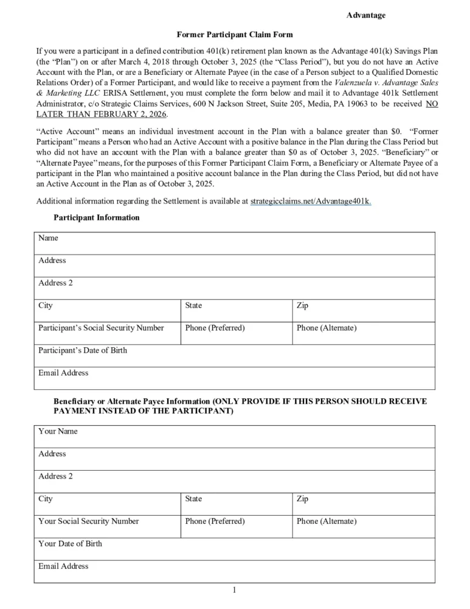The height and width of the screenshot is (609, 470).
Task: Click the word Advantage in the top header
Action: (366, 15)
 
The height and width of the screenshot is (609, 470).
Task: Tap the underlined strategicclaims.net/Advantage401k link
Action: (311, 201)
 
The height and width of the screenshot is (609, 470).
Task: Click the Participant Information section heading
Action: (97, 217)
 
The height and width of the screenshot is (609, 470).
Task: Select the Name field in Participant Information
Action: (235, 243)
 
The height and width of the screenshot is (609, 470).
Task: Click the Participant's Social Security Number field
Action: (108, 333)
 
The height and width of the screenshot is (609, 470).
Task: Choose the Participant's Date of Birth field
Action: (235, 356)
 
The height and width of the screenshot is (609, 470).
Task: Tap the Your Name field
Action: (235, 436)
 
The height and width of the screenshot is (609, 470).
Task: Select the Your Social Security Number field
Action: (108, 526)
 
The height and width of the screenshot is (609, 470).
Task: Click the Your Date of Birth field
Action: (235, 549)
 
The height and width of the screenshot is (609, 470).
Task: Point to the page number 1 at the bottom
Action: (234, 590)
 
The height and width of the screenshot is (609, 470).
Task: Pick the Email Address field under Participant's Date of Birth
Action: (235, 378)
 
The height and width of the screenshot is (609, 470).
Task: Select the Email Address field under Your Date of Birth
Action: (235, 571)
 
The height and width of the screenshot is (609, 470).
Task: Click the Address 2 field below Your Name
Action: (235, 481)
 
